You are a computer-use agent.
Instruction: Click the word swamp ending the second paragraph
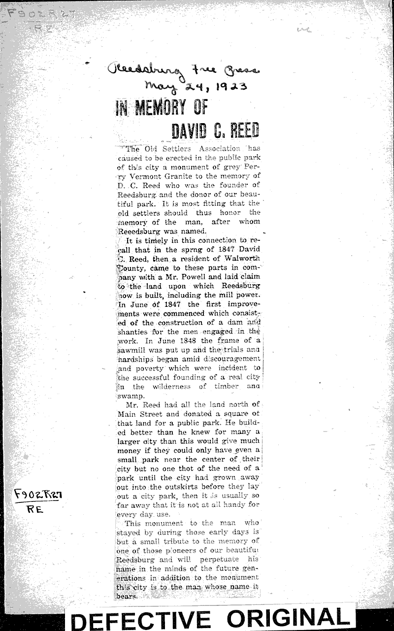(130, 396)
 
